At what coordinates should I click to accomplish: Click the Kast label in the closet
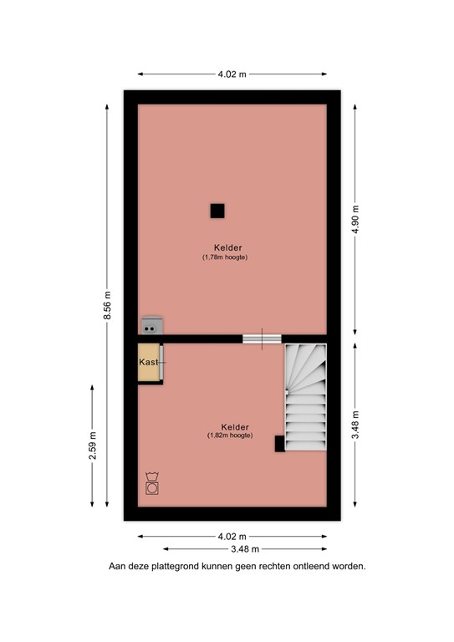point(148,362)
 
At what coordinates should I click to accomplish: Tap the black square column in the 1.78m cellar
point(217,211)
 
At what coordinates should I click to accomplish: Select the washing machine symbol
point(152,485)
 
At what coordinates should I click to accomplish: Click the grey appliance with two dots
point(152,326)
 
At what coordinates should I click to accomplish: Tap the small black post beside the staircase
point(279,445)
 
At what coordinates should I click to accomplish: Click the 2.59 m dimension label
point(92,445)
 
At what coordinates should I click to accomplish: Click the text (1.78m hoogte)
point(224,257)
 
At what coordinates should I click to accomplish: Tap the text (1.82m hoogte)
point(230,436)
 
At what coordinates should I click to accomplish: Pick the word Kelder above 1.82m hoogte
point(230,425)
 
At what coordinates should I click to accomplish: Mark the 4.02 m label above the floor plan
point(232,74)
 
